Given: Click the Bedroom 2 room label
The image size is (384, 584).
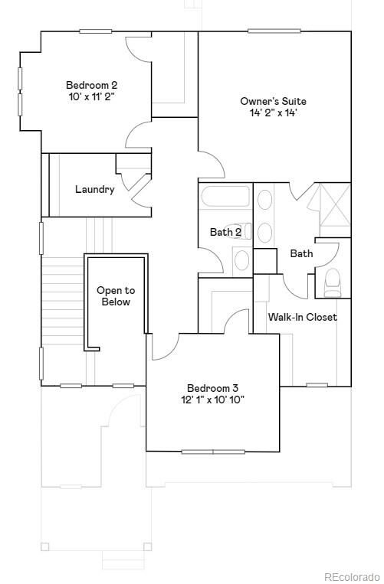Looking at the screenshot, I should [x=91, y=85].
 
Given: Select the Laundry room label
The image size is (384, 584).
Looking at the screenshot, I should [x=95, y=189].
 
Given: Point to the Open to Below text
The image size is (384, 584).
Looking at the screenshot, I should [x=115, y=296].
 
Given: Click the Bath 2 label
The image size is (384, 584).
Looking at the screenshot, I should [x=225, y=232].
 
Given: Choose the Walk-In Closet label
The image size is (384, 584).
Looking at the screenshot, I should [x=302, y=317].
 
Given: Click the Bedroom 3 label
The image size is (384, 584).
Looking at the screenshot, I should [x=212, y=388].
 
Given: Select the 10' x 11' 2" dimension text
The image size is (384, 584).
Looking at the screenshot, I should [x=91, y=97].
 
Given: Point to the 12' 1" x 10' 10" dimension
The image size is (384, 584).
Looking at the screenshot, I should [x=212, y=400].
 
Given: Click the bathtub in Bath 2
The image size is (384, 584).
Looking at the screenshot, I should [x=225, y=197].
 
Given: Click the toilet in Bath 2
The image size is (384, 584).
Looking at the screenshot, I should [x=241, y=260].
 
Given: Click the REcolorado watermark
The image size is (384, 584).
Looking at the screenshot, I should [x=351, y=576].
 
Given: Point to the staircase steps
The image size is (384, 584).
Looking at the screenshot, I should [x=62, y=306].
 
